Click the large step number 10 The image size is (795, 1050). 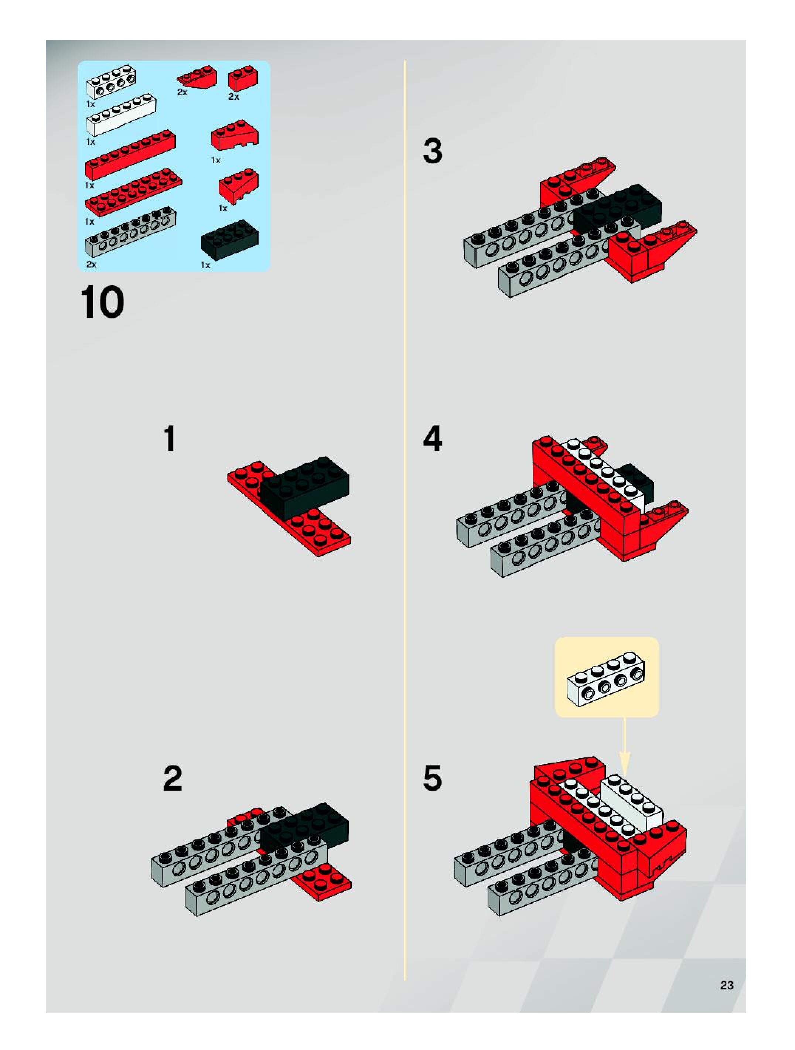point(103,302)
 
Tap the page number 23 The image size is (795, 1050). point(727,985)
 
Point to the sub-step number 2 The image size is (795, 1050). point(172,779)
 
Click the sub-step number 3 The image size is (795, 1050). point(432,151)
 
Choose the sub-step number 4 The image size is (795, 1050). point(432,439)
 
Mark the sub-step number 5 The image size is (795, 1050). point(432,779)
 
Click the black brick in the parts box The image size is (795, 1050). point(230,240)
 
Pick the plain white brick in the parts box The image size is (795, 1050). point(122,115)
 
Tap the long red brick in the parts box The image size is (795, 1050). point(130,155)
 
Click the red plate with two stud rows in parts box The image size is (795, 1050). point(133,192)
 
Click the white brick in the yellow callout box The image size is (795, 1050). point(606,678)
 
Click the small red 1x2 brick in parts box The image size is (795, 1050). point(243,78)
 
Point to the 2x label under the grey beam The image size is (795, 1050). point(92,265)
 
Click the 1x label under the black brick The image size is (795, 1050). point(205,265)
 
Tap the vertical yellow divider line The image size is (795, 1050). point(405,520)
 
